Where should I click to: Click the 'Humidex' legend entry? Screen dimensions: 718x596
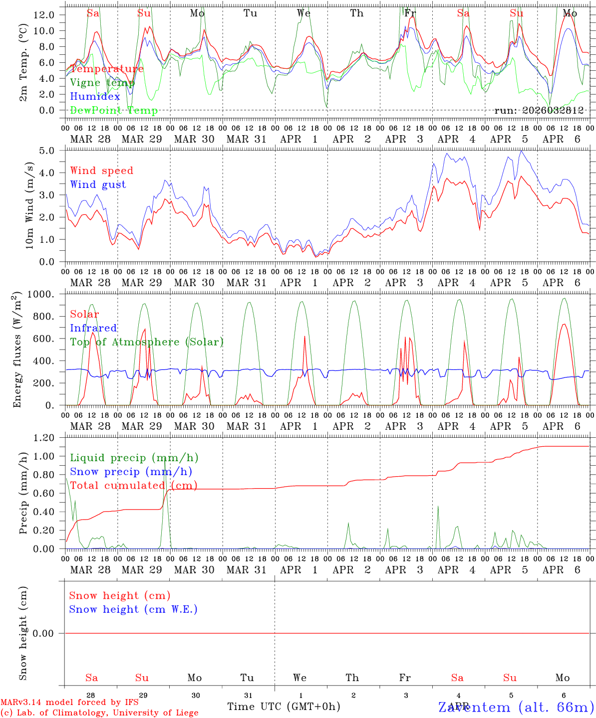pos(95,97)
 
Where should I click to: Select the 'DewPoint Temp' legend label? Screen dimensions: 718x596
pos(114,111)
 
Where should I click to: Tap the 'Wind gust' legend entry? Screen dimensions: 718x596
pos(98,184)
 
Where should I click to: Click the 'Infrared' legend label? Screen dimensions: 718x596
pos(93,328)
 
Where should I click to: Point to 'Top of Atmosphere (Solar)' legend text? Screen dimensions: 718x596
pos(146,342)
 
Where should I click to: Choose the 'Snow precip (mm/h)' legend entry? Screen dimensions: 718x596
pos(131,472)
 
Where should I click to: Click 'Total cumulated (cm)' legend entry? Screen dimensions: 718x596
pos(133,486)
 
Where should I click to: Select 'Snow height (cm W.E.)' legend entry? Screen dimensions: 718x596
pos(133,609)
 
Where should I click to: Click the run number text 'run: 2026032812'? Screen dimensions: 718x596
pos(539,111)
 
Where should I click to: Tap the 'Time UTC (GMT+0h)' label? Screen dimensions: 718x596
pos(284,707)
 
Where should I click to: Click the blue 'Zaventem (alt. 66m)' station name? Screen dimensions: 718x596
pos(516,708)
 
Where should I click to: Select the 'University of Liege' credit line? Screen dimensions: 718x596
pos(99,713)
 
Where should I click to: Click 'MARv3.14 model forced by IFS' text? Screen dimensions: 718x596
pos(69,703)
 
